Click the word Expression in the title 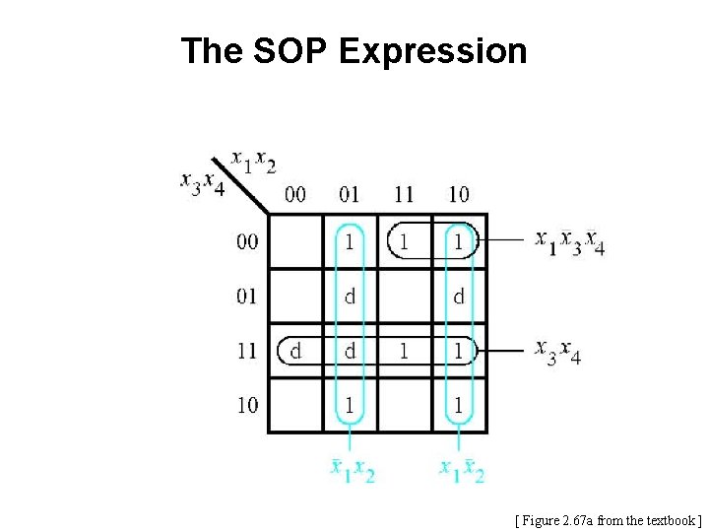433,51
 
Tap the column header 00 294,194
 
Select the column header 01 350,194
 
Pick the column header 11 403,194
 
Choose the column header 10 458,194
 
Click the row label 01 247,296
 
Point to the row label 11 247,351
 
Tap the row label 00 247,241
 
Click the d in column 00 295,351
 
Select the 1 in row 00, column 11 404,241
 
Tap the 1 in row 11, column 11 404,351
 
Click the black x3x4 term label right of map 557,352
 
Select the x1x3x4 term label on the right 569,241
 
